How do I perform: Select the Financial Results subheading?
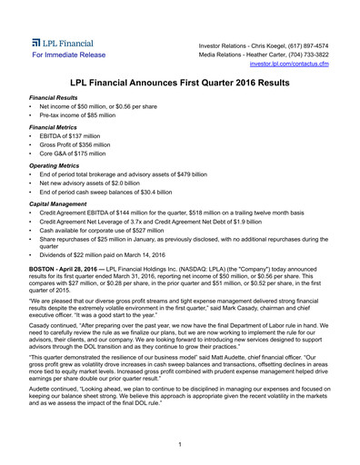(52, 97)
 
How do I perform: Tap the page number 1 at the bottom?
(180, 443)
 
